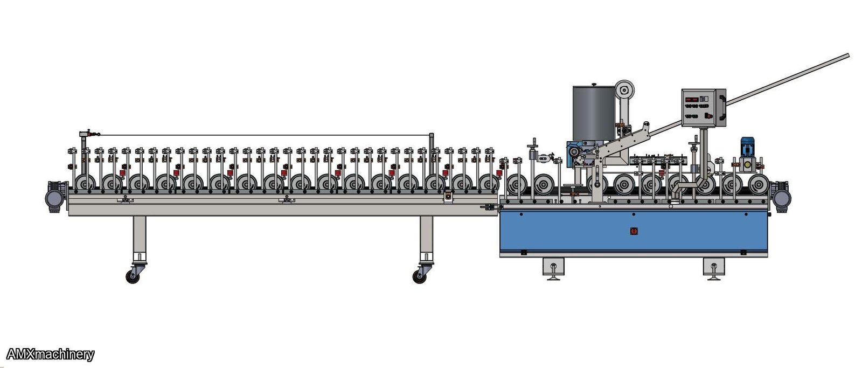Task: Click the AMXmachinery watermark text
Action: pyautogui.click(x=50, y=355)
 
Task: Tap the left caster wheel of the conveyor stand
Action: pyautogui.click(x=133, y=276)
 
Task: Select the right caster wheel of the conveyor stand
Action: pyautogui.click(x=420, y=276)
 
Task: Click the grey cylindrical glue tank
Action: pyautogui.click(x=594, y=113)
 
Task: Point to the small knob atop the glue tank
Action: pyautogui.click(x=594, y=84)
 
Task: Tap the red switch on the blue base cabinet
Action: pyautogui.click(x=634, y=231)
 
